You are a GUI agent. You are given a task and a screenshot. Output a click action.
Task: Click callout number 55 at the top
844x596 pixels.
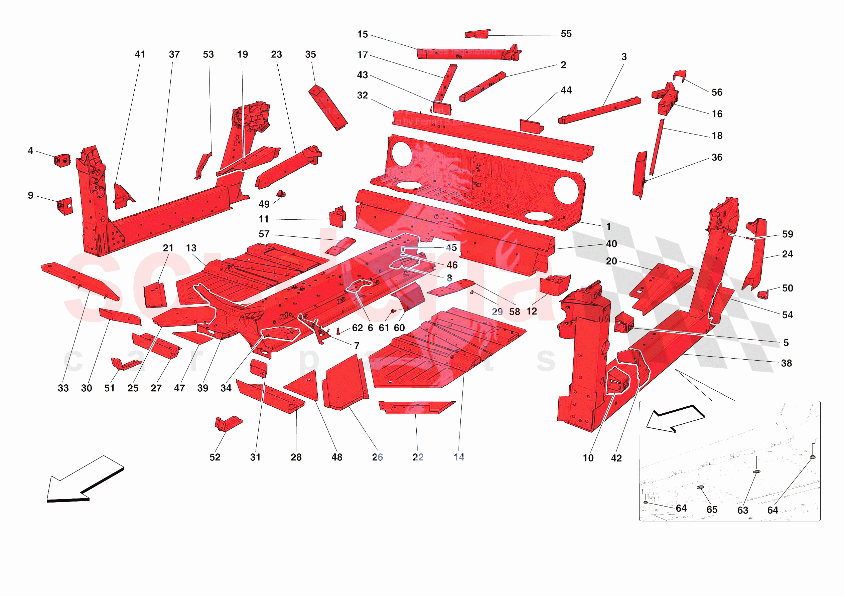pyautogui.click(x=566, y=34)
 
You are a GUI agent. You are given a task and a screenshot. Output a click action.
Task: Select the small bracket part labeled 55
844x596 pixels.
pyautogui.click(x=477, y=34)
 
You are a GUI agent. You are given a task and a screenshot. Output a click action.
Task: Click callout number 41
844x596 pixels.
pyautogui.click(x=140, y=54)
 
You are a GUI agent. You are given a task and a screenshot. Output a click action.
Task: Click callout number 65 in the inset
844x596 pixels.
pyautogui.click(x=712, y=510)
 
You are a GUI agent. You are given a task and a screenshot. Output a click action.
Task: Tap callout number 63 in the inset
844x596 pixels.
pyautogui.click(x=742, y=510)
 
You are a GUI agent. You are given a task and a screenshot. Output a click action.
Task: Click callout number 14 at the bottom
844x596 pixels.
pyautogui.click(x=459, y=457)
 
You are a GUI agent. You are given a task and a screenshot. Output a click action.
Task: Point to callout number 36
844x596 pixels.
pyautogui.click(x=717, y=157)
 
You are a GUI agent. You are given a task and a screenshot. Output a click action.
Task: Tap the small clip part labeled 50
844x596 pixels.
pyautogui.click(x=763, y=294)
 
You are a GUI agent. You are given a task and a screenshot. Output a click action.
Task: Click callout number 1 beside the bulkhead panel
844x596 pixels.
pyautogui.click(x=608, y=226)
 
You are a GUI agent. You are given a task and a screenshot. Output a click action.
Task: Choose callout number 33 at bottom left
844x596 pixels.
pyautogui.click(x=63, y=388)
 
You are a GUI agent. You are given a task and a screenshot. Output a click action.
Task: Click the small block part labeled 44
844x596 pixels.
pyautogui.click(x=531, y=126)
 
